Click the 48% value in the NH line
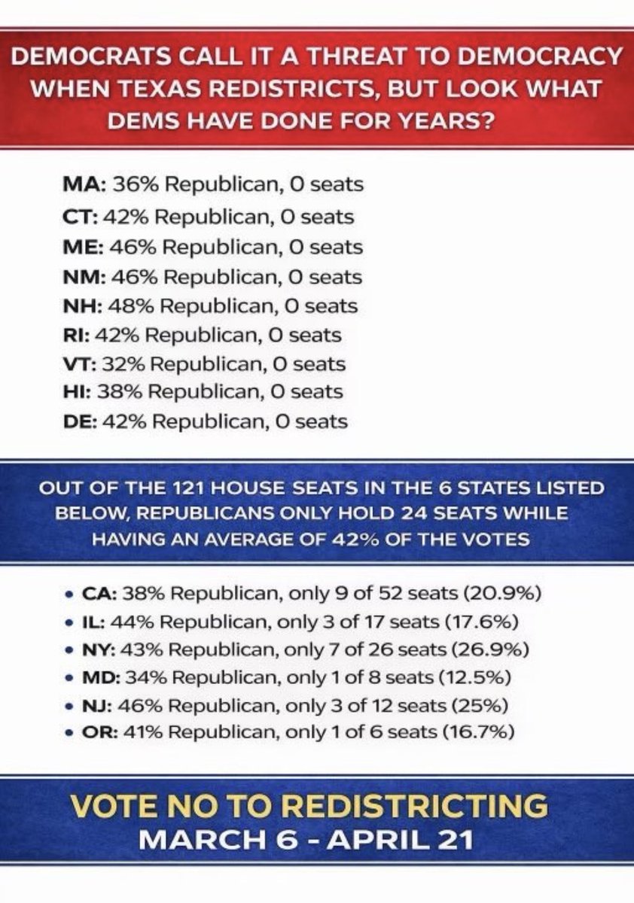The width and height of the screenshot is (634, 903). pyautogui.click(x=133, y=306)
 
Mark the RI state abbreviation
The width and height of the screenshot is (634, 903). pyautogui.click(x=74, y=335)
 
